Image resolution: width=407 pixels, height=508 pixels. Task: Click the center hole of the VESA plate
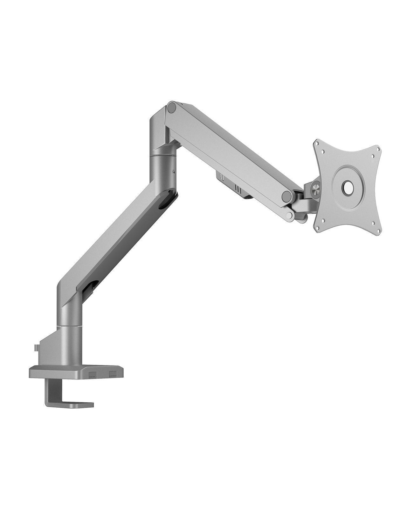click(x=347, y=187)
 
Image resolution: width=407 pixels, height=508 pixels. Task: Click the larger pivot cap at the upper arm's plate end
click(x=286, y=196)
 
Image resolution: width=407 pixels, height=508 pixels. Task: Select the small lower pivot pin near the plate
click(x=289, y=216)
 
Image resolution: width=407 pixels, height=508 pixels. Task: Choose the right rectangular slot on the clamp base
click(x=113, y=373)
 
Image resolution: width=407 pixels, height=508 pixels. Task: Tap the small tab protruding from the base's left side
click(x=37, y=348)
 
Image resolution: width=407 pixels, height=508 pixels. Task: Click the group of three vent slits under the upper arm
click(x=238, y=189)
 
